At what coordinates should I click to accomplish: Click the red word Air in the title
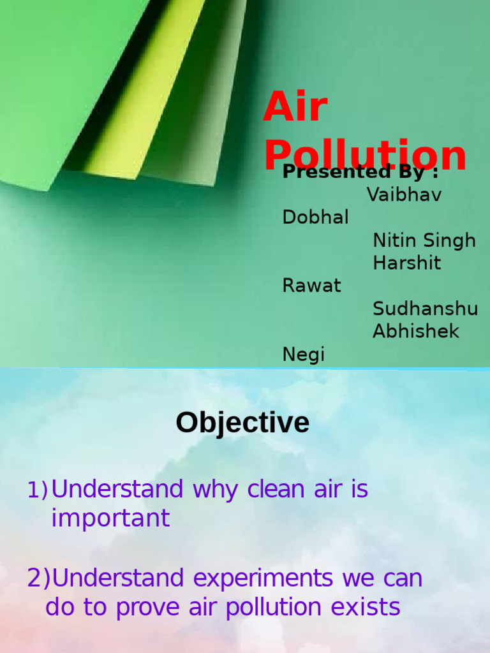click(x=295, y=107)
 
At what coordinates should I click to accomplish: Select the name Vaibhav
click(x=404, y=194)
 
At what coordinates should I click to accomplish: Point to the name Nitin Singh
click(x=424, y=240)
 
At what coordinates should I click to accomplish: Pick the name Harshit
click(x=406, y=263)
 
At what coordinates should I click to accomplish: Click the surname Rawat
click(x=311, y=285)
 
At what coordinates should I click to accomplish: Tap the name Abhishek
click(x=416, y=331)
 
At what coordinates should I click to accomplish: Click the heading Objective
click(x=242, y=423)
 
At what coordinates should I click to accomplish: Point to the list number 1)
click(x=37, y=490)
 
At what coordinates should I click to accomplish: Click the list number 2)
click(x=38, y=578)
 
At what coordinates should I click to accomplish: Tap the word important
click(x=110, y=518)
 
